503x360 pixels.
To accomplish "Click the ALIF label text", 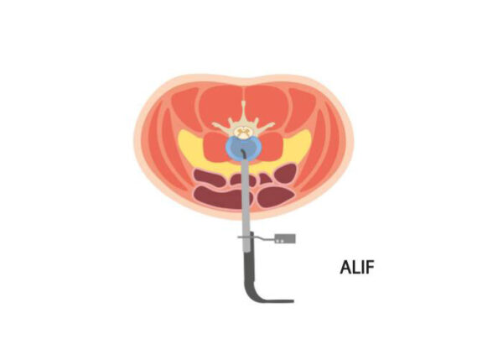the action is pyautogui.click(x=357, y=267).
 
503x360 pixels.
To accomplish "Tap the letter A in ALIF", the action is pyautogui.click(x=345, y=267).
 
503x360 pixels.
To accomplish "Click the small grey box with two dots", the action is pyautogui.click(x=285, y=238).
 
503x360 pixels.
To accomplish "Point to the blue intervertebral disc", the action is pyautogui.click(x=243, y=148).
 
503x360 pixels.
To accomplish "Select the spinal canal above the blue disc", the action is pyautogui.click(x=243, y=132).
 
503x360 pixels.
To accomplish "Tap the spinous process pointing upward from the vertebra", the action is pyautogui.click(x=244, y=111).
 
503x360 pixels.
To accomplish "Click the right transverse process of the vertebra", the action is pyautogui.click(x=265, y=126).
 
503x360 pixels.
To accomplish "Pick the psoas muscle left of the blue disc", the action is pyautogui.click(x=215, y=147).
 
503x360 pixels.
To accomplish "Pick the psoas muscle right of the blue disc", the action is pyautogui.click(x=272, y=147).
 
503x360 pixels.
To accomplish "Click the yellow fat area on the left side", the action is pyautogui.click(x=189, y=144).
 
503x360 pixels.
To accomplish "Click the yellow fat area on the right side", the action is pyautogui.click(x=298, y=144).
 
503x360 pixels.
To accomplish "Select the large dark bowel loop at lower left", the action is pyautogui.click(x=218, y=196).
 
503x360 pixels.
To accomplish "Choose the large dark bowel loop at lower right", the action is pyautogui.click(x=276, y=196).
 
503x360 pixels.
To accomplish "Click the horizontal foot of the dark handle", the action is pyautogui.click(x=276, y=301).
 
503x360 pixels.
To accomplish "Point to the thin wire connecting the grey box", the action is pyautogui.click(x=264, y=238).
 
